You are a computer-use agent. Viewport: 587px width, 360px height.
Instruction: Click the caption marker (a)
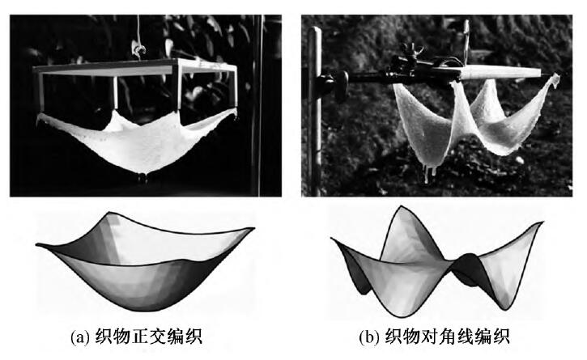80,337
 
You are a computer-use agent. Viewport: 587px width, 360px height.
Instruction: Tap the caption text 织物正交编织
149,337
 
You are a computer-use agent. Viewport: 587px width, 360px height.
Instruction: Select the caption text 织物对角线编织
448,337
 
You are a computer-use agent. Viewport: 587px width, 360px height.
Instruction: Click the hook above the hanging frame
139,50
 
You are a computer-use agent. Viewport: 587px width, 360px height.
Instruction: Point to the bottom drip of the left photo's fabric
142,178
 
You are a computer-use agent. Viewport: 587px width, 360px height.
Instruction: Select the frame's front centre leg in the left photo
116,93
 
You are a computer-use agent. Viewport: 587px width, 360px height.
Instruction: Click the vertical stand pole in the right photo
315,112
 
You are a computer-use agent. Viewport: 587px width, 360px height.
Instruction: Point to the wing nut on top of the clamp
411,51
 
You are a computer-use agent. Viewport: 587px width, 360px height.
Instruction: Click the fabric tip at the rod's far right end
555,79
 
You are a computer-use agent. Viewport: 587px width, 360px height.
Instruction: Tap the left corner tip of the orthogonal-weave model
36,245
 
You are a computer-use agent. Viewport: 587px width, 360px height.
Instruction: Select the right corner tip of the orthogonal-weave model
253,228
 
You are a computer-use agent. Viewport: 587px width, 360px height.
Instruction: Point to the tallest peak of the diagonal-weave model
402,206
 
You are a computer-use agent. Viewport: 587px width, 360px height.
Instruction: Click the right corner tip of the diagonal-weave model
542,222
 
